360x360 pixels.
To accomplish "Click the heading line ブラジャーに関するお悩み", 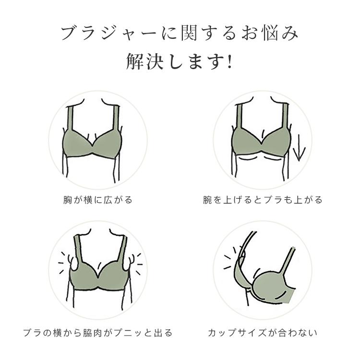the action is (x=180, y=34).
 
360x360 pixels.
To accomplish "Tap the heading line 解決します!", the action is (x=180, y=61).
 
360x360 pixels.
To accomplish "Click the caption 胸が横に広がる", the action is (x=98, y=200).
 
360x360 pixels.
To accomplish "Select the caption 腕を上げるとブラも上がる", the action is (x=263, y=200).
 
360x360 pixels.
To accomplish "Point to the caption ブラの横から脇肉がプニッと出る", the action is (x=98, y=333).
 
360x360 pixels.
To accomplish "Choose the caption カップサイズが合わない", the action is (x=263, y=333).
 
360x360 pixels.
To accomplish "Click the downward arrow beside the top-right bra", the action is (x=299, y=148).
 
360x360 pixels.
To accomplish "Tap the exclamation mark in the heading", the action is (x=229, y=61).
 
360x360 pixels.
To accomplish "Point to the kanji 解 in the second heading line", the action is (x=135, y=61).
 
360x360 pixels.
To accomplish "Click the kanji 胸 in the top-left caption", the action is (x=68, y=200).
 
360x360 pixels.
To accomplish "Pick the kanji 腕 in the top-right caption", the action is (x=207, y=200).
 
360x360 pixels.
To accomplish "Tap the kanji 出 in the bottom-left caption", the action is (x=158, y=333).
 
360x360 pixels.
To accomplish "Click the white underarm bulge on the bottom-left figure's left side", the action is (x=74, y=264).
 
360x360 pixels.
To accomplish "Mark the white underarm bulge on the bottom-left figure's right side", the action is (x=127, y=264).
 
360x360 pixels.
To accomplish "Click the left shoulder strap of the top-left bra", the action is (x=70, y=118).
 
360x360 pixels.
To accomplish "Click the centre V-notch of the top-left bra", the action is (x=93, y=145).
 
